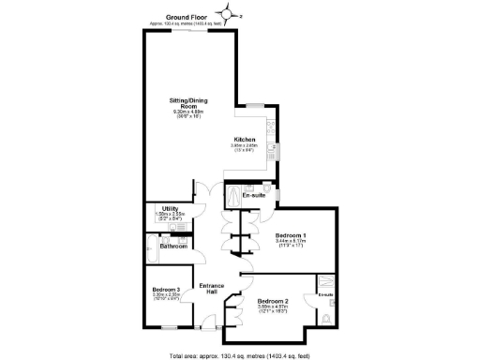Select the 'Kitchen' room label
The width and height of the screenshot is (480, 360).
click(x=246, y=140)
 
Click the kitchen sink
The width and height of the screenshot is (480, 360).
click(x=272, y=148)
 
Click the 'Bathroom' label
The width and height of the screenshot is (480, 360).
click(x=172, y=246)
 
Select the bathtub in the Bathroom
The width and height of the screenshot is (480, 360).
click(x=153, y=250)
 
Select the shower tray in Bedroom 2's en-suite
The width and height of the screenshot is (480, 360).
click(x=326, y=283)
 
